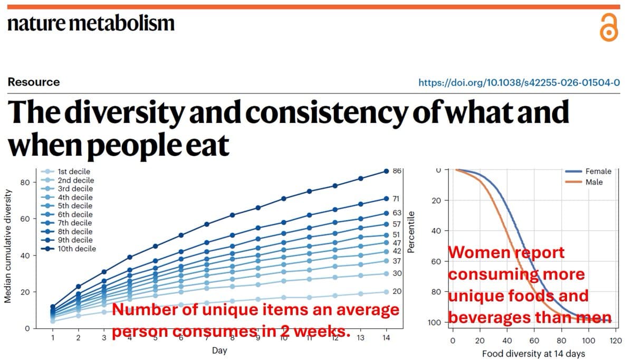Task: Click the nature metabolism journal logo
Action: coord(90,23)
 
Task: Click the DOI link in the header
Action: coord(519,82)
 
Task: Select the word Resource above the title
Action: coord(33,82)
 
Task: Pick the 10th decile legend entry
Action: coord(76,249)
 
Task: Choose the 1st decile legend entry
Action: coord(74,172)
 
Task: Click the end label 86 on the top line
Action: coord(397,171)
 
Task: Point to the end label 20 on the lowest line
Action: coord(397,292)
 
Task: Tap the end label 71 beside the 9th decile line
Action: coord(396,199)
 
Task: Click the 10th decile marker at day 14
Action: coord(386,171)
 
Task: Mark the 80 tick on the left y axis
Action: coord(23,182)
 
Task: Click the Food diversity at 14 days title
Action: coord(533,353)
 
